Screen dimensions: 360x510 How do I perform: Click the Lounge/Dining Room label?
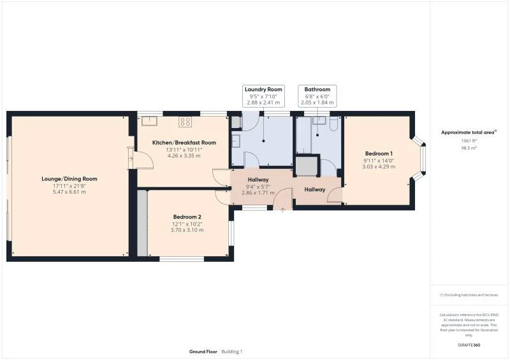point(70,179)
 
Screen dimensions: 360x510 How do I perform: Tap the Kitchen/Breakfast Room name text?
point(184,143)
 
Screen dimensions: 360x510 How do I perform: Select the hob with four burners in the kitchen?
point(186,121)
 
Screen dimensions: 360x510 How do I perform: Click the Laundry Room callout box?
point(263,96)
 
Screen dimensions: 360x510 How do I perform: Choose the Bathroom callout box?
point(317,96)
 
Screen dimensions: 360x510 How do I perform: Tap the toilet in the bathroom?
point(333,124)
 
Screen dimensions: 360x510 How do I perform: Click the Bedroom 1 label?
point(379,154)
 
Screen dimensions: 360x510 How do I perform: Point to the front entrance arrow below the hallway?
point(283,210)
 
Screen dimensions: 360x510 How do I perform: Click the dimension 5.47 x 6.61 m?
point(70,192)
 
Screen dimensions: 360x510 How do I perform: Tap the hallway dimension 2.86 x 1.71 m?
point(258,192)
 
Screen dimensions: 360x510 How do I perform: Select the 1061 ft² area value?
point(469,141)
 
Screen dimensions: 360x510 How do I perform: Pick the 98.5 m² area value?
point(469,147)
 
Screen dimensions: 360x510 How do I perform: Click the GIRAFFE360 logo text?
point(469,345)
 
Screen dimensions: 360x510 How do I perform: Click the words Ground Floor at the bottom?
point(203,352)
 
